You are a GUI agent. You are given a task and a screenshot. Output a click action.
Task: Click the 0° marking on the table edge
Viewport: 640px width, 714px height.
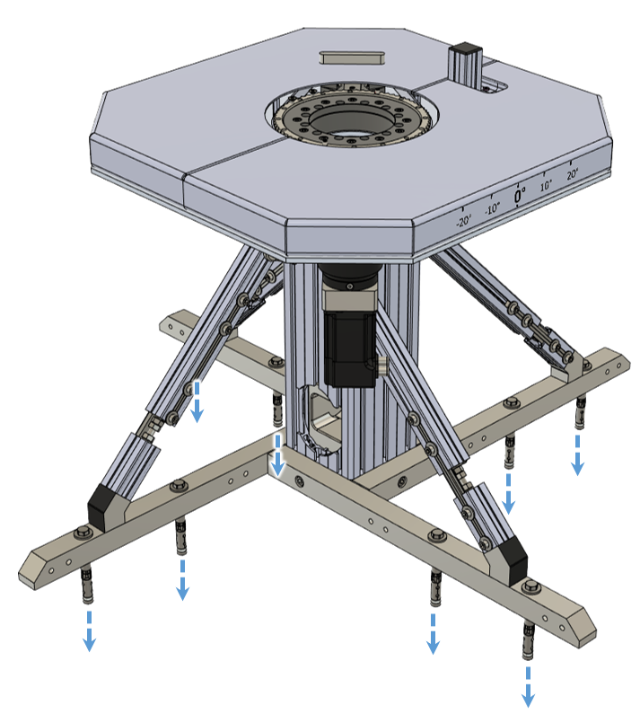pyautogui.click(x=520, y=196)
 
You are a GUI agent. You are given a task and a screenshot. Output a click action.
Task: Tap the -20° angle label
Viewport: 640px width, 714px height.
pyautogui.click(x=463, y=221)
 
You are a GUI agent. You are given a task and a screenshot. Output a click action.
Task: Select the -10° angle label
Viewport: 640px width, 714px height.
pyautogui.click(x=492, y=208)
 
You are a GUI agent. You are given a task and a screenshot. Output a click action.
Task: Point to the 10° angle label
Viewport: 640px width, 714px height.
pyautogui.click(x=546, y=185)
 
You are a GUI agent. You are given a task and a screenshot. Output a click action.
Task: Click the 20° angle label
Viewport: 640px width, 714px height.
pyautogui.click(x=572, y=173)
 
